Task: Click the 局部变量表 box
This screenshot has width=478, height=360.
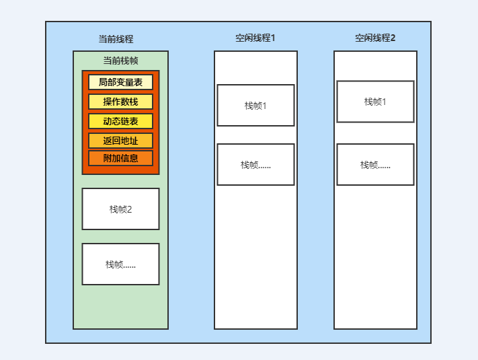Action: tap(121, 82)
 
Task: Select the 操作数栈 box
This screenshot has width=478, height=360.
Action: tap(121, 102)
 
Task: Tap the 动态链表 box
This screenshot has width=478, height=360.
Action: tap(121, 121)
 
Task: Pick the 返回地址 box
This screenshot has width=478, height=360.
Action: tap(121, 141)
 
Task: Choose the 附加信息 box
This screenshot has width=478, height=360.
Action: tap(121, 158)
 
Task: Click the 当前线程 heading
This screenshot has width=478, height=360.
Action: tap(116, 39)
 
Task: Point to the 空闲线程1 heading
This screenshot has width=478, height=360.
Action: tap(255, 38)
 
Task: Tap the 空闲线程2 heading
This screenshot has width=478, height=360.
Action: tap(375, 38)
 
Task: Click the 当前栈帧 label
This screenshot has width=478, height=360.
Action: tap(121, 61)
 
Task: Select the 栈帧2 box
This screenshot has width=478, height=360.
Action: tap(121, 209)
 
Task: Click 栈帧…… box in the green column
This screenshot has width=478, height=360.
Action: tap(121, 264)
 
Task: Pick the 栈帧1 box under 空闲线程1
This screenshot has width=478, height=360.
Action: tap(255, 105)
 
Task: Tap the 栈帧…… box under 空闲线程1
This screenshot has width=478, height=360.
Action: tap(255, 164)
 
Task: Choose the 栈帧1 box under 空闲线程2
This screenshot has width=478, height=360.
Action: tap(375, 102)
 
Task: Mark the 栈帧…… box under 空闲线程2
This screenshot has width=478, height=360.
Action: tap(375, 164)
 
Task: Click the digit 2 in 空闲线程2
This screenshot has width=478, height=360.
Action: tap(393, 38)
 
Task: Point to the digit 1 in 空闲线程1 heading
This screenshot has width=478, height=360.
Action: tap(273, 38)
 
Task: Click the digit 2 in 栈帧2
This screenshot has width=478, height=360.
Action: tap(129, 209)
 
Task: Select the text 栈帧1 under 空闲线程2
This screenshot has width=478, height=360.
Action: tap(375, 102)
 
